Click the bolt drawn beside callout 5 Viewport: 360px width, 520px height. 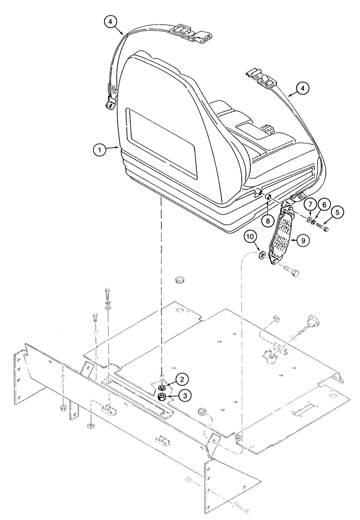(x=320, y=227)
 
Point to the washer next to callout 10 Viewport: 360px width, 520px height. (x=263, y=254)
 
